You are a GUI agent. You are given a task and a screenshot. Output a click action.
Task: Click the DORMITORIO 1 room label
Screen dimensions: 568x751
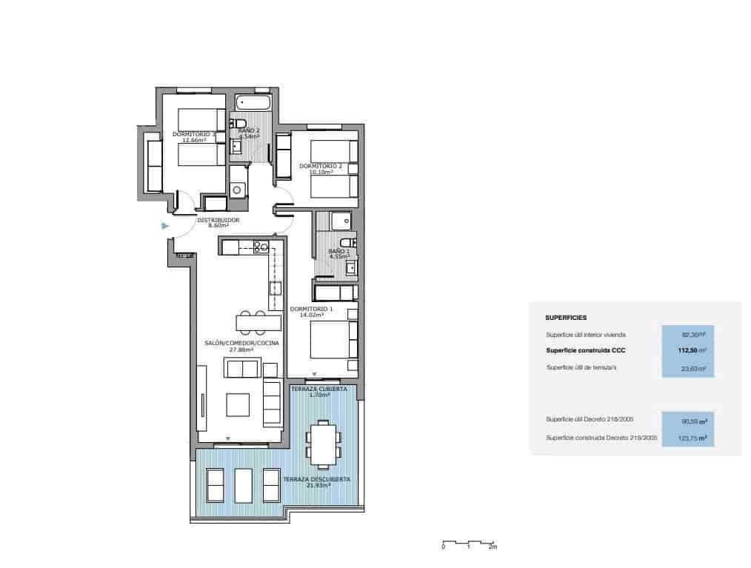(x=311, y=308)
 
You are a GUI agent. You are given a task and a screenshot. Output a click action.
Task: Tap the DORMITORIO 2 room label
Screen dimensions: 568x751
(x=321, y=166)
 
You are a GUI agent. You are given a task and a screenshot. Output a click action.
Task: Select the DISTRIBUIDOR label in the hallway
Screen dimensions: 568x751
(x=218, y=220)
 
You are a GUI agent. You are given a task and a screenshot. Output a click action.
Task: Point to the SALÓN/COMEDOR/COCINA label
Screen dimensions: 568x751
(x=236, y=344)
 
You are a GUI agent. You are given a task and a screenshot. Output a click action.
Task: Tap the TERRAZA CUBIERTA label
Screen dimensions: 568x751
(x=318, y=389)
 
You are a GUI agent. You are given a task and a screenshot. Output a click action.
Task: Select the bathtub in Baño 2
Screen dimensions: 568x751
(x=254, y=101)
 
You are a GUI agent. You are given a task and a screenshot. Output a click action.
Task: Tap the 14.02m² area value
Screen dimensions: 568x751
(x=312, y=315)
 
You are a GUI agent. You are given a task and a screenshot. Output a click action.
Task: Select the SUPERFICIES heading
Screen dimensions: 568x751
(x=566, y=317)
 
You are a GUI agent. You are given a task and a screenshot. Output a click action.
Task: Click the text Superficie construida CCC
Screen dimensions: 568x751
(x=583, y=350)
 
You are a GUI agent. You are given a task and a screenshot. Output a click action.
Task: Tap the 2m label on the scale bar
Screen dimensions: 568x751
(x=493, y=548)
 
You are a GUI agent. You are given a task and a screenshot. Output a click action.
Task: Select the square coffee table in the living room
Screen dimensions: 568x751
(x=238, y=404)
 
